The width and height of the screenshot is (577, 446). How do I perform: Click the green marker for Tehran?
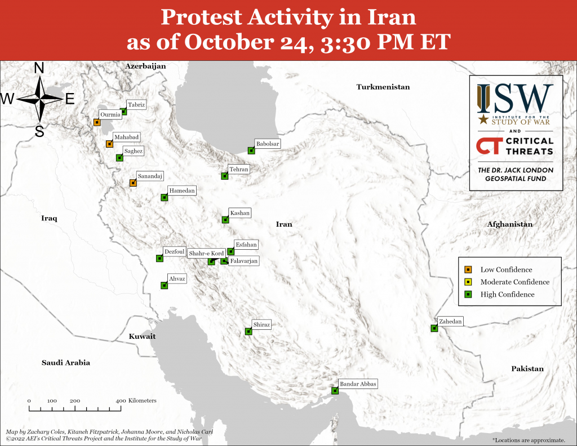coord(224,176)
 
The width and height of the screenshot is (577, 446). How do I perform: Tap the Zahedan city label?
coord(450,321)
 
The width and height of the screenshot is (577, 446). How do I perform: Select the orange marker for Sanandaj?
coord(133,183)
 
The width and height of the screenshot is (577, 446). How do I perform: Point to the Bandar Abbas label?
coord(358,384)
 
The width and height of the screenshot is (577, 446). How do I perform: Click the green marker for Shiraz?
coord(248,332)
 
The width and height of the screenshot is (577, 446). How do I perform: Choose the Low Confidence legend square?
coord(468,270)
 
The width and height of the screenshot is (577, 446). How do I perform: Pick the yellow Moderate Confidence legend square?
coord(468,282)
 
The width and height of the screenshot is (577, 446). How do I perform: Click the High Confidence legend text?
coord(508,294)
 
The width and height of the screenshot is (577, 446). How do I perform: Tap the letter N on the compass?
coord(39,68)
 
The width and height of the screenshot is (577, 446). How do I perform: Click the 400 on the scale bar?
coord(121,401)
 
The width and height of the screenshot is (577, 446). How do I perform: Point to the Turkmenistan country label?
coord(383,87)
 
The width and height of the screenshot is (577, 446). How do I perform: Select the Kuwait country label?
coord(142,336)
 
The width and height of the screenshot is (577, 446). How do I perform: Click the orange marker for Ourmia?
coord(97,122)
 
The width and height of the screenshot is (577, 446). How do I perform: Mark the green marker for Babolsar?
coord(251,150)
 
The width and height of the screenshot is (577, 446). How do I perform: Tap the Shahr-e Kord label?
coord(206,253)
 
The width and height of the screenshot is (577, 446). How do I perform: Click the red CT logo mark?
coord(490,146)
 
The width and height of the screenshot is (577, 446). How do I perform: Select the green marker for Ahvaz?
coord(165,285)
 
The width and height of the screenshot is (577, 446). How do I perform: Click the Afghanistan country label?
coord(509,224)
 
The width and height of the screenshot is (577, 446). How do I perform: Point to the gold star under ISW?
coord(483,119)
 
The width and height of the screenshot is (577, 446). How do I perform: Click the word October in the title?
coord(229,42)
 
